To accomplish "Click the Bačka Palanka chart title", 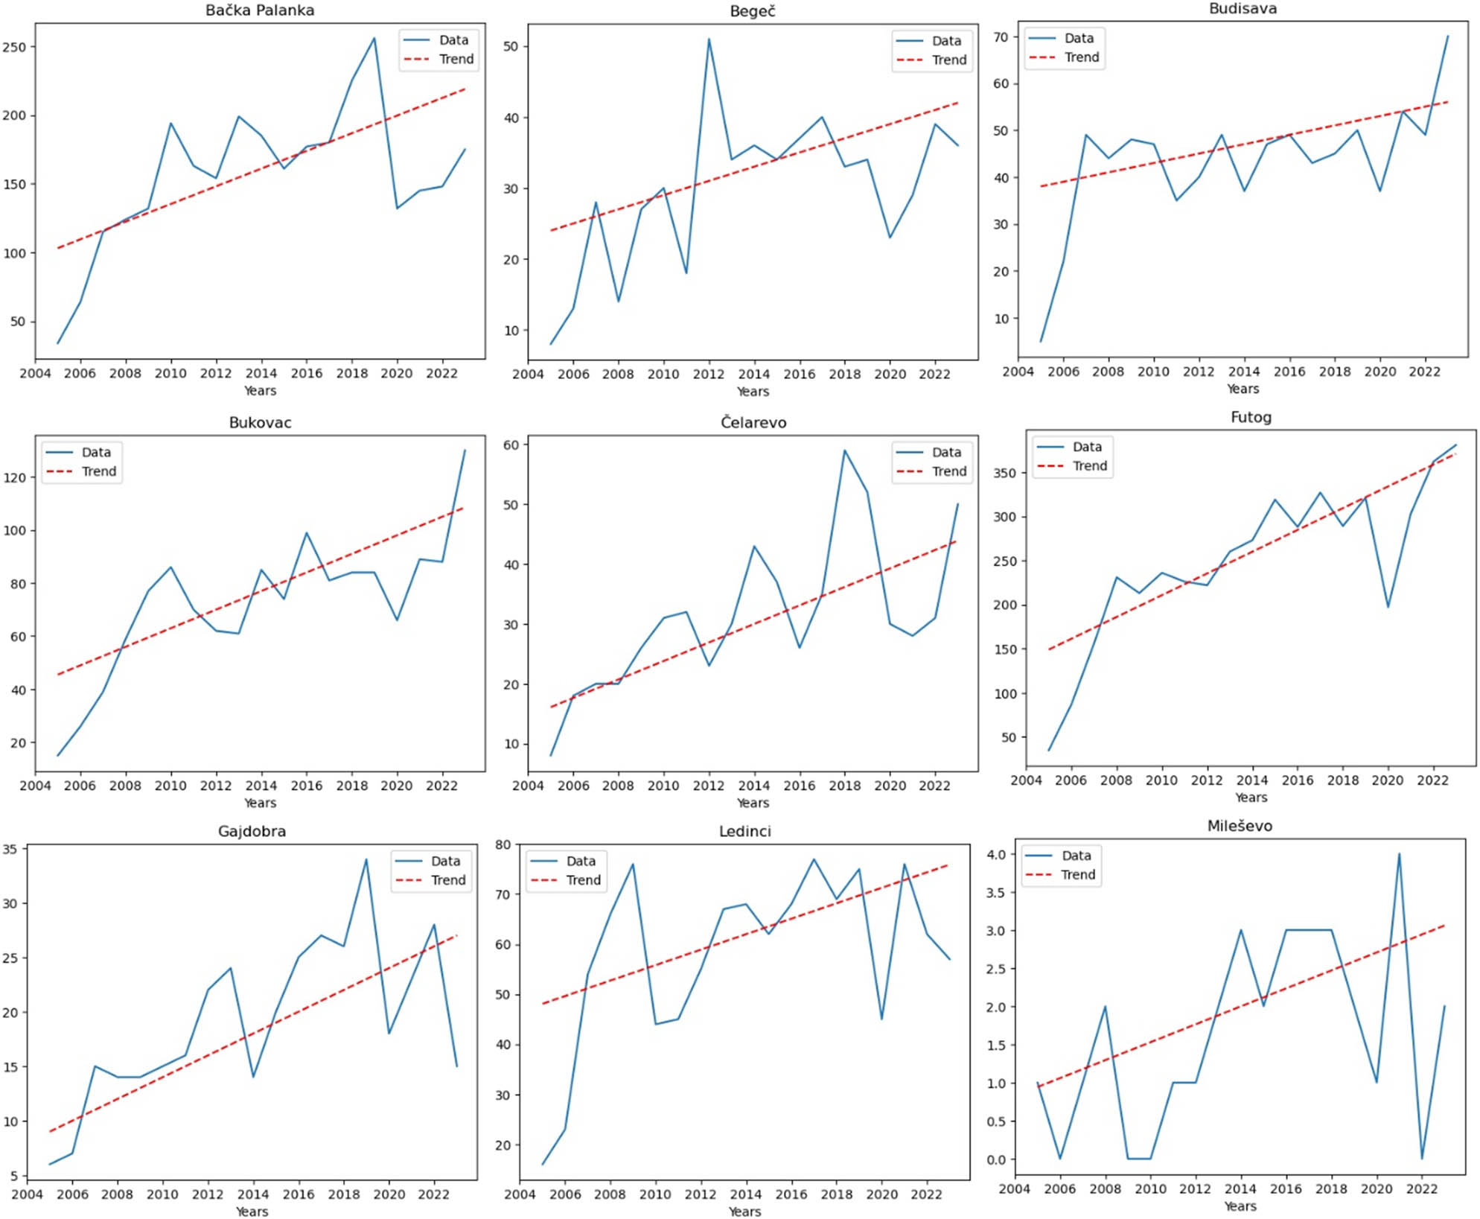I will (x=260, y=10).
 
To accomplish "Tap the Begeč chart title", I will (x=753, y=11).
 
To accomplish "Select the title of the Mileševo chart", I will (x=1240, y=826).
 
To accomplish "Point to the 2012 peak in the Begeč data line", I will (x=709, y=39).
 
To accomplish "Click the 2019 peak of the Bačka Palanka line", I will (x=374, y=38).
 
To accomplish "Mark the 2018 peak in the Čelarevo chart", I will (x=844, y=451).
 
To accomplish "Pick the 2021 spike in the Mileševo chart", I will (x=1399, y=854).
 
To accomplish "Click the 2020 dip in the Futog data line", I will (x=1388, y=607).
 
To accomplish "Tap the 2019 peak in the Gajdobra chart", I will (x=366, y=859).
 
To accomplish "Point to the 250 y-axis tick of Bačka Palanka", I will (x=15, y=47).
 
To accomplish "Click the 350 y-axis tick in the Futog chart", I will (x=1004, y=473).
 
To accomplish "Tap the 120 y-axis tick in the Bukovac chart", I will (x=15, y=477).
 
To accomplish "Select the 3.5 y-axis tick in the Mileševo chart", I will (x=996, y=892).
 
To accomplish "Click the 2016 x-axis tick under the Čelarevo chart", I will (x=799, y=786).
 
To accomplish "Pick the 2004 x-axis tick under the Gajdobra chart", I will (x=28, y=1194).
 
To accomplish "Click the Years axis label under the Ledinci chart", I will (x=744, y=1212).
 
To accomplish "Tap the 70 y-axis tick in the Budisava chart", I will (x=1001, y=37).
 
